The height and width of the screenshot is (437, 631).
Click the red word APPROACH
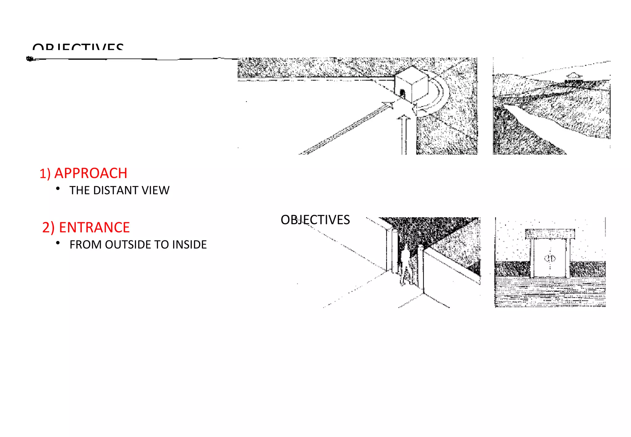pos(91,173)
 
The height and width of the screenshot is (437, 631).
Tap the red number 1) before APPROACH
pos(45,174)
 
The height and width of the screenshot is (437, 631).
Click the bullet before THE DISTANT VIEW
pos(58,189)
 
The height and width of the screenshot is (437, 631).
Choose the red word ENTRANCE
pos(94,227)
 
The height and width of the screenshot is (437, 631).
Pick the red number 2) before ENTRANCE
pos(48,228)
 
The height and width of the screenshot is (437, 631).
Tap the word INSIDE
pos(189,245)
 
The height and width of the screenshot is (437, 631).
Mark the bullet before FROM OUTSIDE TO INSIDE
pos(58,243)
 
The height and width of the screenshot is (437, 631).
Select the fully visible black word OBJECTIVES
pos(315,220)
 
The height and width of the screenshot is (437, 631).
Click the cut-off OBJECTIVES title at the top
pos(78,47)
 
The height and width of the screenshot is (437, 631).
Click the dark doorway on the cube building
pos(402,93)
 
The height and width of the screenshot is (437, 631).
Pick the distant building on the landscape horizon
pos(573,77)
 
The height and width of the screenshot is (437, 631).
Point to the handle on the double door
pos(550,258)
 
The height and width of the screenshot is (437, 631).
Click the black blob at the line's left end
pos(30,59)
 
